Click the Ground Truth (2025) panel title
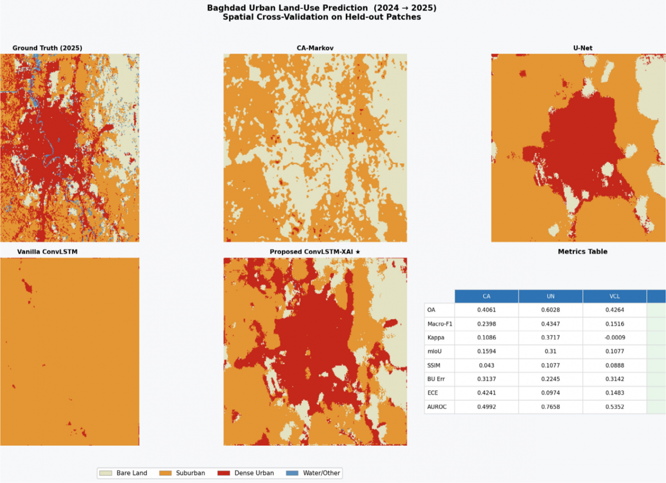pyautogui.click(x=47, y=48)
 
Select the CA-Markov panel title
pyautogui.click(x=315, y=48)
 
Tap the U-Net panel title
pyautogui.click(x=583, y=48)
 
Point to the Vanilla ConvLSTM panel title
pyautogui.click(x=47, y=251)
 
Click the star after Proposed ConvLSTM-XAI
pyautogui.click(x=358, y=251)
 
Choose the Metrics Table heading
pyautogui.click(x=583, y=251)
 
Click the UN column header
pyautogui.click(x=551, y=296)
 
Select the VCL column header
pyautogui.click(x=615, y=296)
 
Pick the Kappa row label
pyautogui.click(x=436, y=338)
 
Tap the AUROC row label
pyautogui.click(x=437, y=407)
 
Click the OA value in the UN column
pyautogui.click(x=551, y=310)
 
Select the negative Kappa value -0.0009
pyautogui.click(x=615, y=338)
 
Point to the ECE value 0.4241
pyautogui.click(x=487, y=393)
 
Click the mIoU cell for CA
pyautogui.click(x=487, y=351)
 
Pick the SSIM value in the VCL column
pyautogui.click(x=615, y=365)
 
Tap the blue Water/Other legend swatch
pyautogui.click(x=292, y=473)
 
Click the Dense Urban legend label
pyautogui.click(x=254, y=473)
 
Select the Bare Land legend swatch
pyautogui.click(x=105, y=473)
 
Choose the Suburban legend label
pyautogui.click(x=190, y=473)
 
